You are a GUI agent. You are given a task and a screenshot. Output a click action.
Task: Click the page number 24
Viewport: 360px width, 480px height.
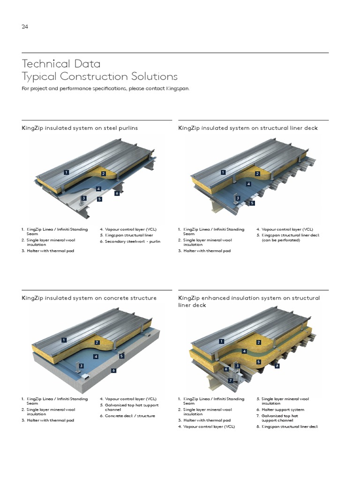(25, 27)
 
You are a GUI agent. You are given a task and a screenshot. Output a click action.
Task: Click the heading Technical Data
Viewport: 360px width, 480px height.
(61, 63)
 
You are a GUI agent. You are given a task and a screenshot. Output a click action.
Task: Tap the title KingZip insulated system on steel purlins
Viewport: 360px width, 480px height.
(80, 128)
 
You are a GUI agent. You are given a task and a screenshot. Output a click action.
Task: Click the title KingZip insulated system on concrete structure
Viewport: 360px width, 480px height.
(89, 298)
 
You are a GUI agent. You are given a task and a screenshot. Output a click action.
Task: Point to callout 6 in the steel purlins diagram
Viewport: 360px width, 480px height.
(117, 193)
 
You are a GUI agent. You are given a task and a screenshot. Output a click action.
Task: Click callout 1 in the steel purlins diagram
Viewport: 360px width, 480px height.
(67, 172)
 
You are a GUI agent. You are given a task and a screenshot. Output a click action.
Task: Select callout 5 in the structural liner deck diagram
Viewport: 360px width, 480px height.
(252, 203)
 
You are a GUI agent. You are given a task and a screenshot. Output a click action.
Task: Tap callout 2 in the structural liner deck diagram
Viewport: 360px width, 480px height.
(257, 174)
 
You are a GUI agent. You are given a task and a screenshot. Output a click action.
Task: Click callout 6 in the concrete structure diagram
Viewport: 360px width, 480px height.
(113, 370)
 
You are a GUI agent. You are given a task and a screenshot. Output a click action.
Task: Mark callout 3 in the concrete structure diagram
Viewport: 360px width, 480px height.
(81, 366)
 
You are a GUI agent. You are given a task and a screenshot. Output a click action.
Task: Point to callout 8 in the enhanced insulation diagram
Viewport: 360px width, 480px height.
(277, 366)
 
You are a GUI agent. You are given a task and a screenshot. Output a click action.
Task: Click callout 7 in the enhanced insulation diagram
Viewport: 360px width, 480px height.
(231, 380)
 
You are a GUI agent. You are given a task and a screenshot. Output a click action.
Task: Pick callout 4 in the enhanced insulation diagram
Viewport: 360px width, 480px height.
(244, 351)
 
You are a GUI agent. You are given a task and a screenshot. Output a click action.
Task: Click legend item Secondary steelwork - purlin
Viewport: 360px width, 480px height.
(129, 241)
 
